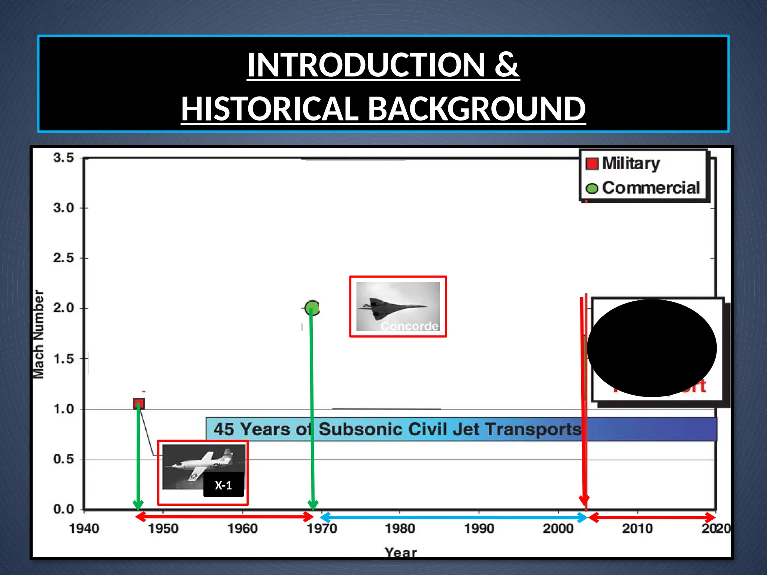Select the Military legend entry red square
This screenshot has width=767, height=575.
(x=592, y=164)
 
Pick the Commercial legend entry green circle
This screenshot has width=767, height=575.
(x=592, y=188)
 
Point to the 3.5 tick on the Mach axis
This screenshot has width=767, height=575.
(x=63, y=158)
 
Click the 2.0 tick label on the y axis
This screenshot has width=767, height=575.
(x=63, y=308)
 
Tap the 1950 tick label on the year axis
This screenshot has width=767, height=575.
(x=163, y=529)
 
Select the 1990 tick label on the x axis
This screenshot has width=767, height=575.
(x=479, y=529)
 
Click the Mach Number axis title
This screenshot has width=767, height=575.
(x=39, y=334)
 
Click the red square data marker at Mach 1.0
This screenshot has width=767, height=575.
(x=139, y=404)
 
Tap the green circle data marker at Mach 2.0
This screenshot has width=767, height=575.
(x=312, y=308)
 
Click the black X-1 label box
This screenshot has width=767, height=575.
(x=224, y=485)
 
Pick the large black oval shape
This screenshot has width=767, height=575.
(x=652, y=348)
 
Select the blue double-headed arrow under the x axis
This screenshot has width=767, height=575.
(x=453, y=517)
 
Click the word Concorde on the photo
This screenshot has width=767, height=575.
(x=409, y=326)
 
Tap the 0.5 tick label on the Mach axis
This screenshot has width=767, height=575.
(x=63, y=459)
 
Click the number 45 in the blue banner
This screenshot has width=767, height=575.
(x=224, y=429)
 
